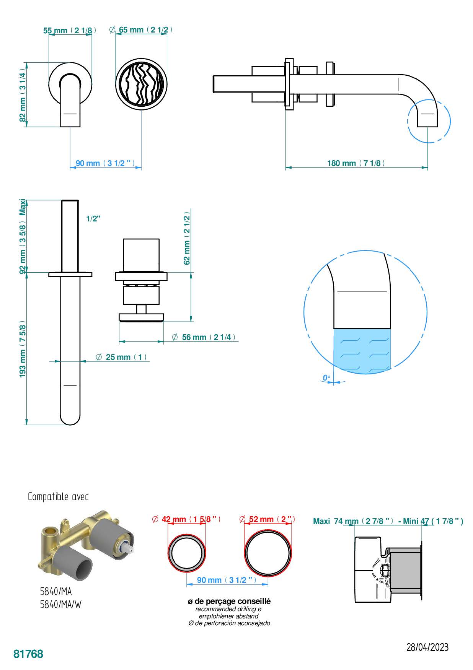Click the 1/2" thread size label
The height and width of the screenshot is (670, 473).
93,219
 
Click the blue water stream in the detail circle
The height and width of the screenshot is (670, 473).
362,350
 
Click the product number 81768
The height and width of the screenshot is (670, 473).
28,654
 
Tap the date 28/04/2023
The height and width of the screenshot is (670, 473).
427,647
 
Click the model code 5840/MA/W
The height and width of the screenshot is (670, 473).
61,605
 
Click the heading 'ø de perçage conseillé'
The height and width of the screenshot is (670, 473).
229,602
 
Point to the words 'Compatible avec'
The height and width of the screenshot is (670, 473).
58,497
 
